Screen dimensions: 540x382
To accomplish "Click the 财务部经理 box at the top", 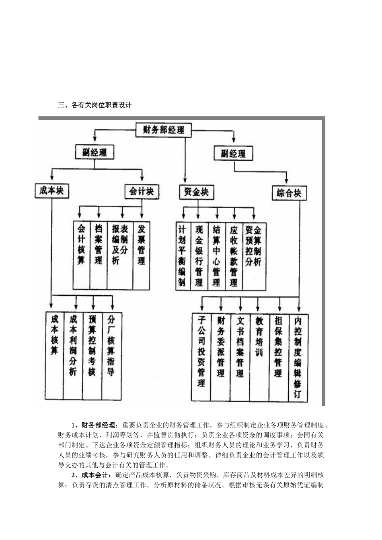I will click(x=164, y=130).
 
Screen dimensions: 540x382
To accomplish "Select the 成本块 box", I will click(x=51, y=190).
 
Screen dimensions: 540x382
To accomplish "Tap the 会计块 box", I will click(x=142, y=191).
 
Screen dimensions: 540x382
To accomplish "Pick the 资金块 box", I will click(x=196, y=192).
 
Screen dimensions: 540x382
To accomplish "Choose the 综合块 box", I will click(x=289, y=193).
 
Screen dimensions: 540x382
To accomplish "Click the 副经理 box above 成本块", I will click(x=94, y=152).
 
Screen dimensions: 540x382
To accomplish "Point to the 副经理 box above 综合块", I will click(x=233, y=153).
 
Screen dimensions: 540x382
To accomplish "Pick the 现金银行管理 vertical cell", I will click(x=199, y=256).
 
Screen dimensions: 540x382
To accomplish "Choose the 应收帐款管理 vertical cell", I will click(x=234, y=256).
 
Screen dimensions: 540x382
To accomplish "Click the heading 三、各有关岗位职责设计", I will click(x=95, y=105).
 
